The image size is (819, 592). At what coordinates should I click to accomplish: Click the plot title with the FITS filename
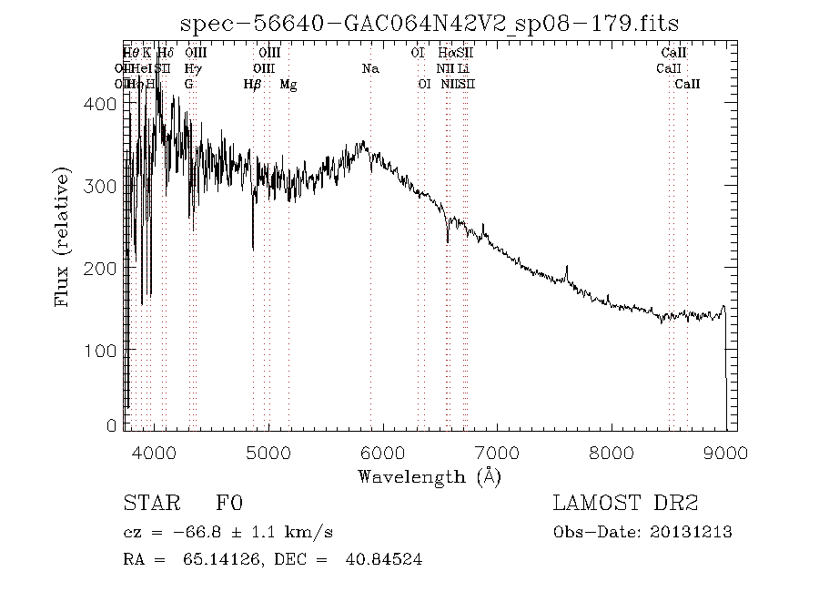[x=430, y=23]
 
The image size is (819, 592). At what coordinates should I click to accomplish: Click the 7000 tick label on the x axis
[x=497, y=453]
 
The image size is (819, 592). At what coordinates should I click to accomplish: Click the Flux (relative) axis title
[x=63, y=236]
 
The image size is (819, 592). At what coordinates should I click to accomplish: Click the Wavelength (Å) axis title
[x=429, y=476]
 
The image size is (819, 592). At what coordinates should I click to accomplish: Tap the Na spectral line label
[x=369, y=69]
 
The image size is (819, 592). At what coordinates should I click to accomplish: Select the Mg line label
[x=288, y=85]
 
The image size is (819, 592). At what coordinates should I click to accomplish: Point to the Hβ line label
[x=252, y=85]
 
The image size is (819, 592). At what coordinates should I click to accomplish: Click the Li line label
[x=464, y=69]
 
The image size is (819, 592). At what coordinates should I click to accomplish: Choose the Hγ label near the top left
[x=191, y=69]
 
